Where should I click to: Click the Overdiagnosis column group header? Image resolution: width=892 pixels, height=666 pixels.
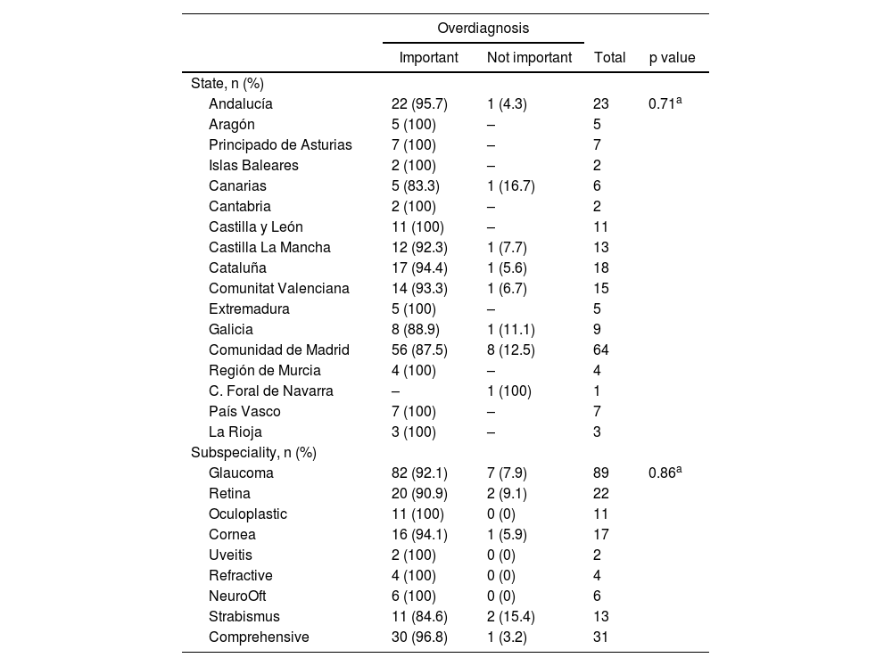[483, 29]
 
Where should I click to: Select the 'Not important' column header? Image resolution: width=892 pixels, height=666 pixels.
[529, 58]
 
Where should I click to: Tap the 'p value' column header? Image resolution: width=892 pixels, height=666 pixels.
[672, 58]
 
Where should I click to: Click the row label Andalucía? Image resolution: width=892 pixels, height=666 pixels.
[241, 103]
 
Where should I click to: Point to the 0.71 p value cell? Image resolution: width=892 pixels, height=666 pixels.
[665, 103]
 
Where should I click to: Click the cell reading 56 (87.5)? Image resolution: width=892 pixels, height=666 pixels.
[419, 349]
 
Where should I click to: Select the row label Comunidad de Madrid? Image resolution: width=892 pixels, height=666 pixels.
[278, 349]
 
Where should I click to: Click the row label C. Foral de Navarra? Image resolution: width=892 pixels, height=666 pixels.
[271, 391]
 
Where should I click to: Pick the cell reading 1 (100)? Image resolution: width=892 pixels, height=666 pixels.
[508, 391]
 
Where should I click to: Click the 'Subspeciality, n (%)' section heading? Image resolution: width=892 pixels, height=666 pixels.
[253, 452]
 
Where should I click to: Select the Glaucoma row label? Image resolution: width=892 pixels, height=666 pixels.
[241, 473]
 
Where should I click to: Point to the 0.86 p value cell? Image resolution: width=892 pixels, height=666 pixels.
[665, 473]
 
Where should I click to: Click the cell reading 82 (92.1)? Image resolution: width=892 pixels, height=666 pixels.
[419, 473]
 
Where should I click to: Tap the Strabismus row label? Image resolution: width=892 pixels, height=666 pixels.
[244, 616]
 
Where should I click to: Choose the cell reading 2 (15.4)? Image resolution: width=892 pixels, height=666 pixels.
[510, 616]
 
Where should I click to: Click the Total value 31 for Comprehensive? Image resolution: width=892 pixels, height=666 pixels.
[601, 637]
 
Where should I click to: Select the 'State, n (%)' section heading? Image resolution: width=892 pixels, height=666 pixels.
[227, 83]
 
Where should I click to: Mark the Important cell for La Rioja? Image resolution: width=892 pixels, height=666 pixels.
[414, 432]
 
